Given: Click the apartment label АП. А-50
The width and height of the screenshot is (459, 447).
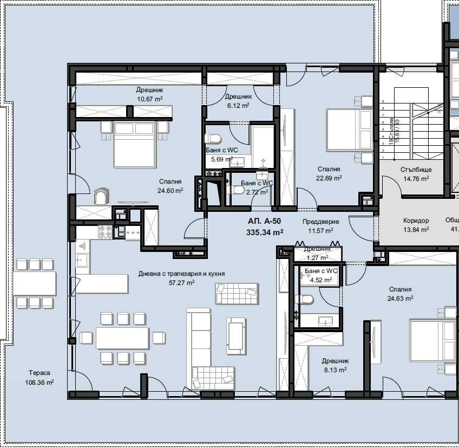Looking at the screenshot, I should click(265, 222).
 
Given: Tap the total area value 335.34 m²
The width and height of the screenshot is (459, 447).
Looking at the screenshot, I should click(265, 232).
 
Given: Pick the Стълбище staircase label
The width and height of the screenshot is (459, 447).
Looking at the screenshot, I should click(416, 170).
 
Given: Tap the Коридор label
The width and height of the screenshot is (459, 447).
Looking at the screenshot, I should click(416, 221).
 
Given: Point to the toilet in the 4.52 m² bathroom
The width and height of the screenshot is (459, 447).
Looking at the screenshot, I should click(305, 300).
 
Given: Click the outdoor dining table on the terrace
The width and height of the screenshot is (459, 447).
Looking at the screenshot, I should click(35, 283).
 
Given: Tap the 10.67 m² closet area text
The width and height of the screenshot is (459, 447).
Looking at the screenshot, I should click(150, 99).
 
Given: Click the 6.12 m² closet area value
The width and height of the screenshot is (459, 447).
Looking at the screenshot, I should click(237, 106).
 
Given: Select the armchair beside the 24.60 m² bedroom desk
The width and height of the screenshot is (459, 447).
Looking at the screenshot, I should click(102, 196).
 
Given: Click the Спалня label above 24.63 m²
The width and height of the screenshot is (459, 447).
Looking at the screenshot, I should click(400, 290).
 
